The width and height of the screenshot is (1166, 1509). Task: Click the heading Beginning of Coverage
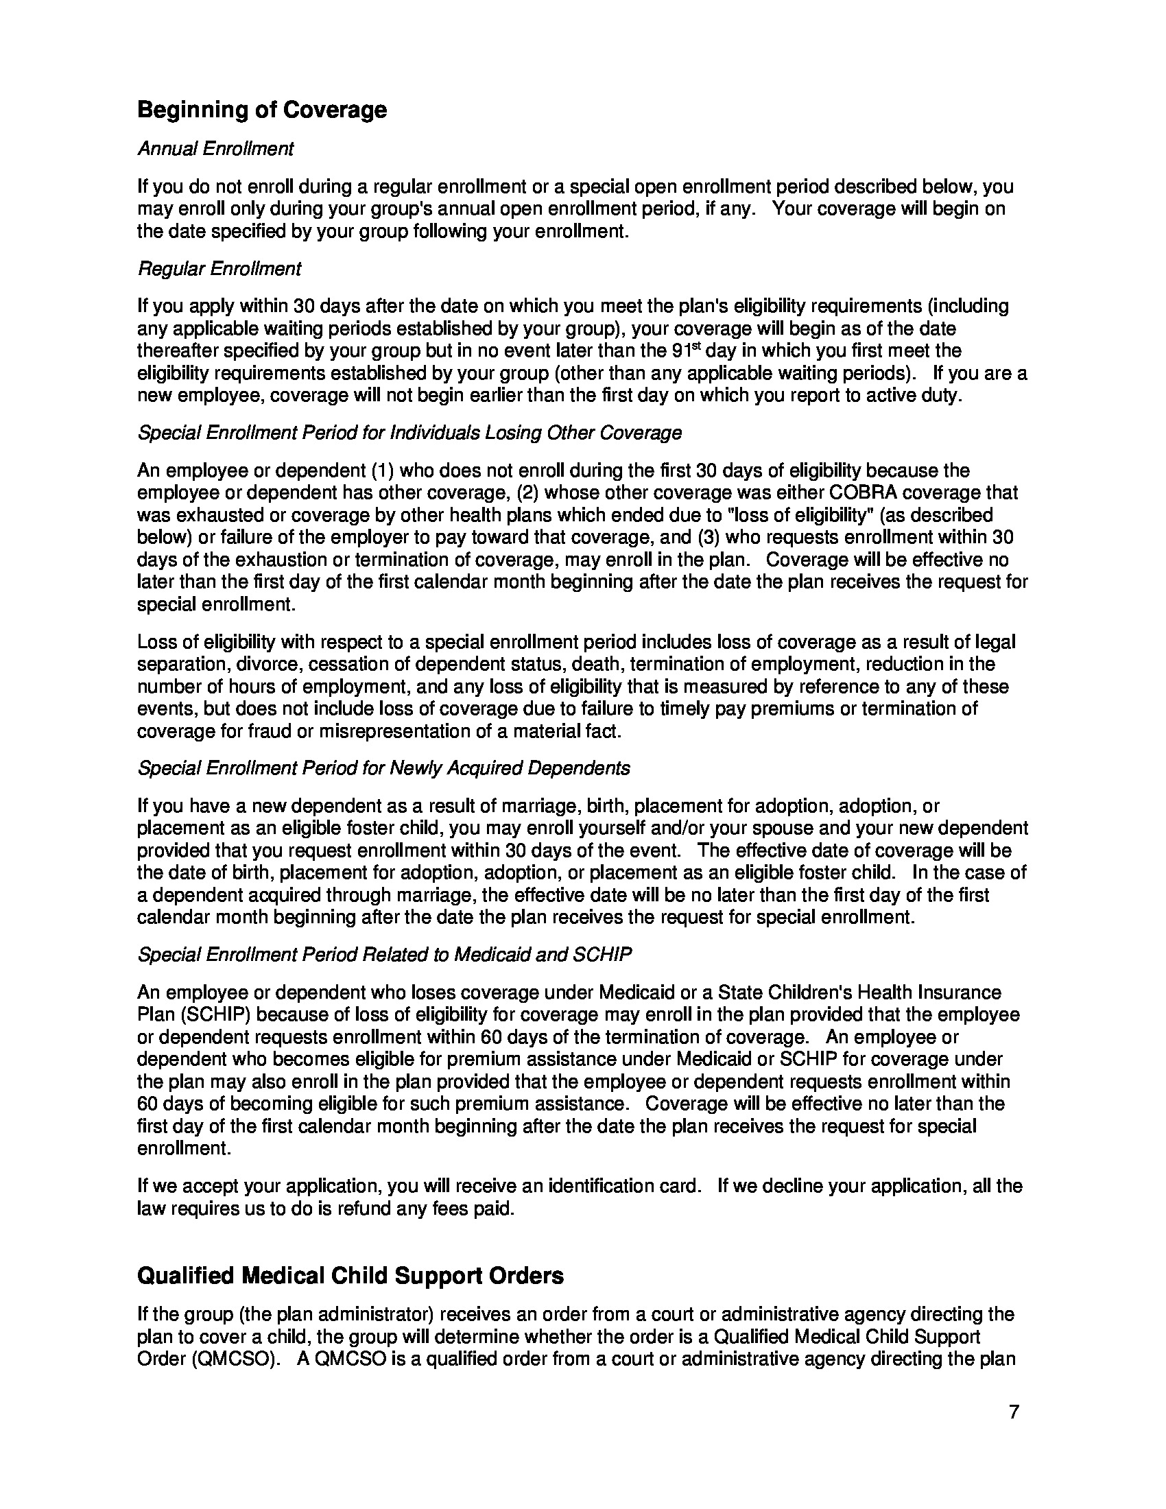click(262, 110)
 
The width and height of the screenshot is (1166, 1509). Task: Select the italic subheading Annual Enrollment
click(215, 149)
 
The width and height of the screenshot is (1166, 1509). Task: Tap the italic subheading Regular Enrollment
click(219, 269)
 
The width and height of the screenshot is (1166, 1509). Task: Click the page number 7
click(1014, 1412)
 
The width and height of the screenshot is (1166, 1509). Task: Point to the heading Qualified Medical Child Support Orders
click(350, 1276)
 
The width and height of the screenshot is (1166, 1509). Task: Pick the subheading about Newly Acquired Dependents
click(383, 768)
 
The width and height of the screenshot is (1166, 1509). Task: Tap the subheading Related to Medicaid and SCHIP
click(385, 955)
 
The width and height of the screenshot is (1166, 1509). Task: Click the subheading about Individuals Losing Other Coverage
click(409, 433)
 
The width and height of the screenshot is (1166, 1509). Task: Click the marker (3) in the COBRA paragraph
click(706, 538)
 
